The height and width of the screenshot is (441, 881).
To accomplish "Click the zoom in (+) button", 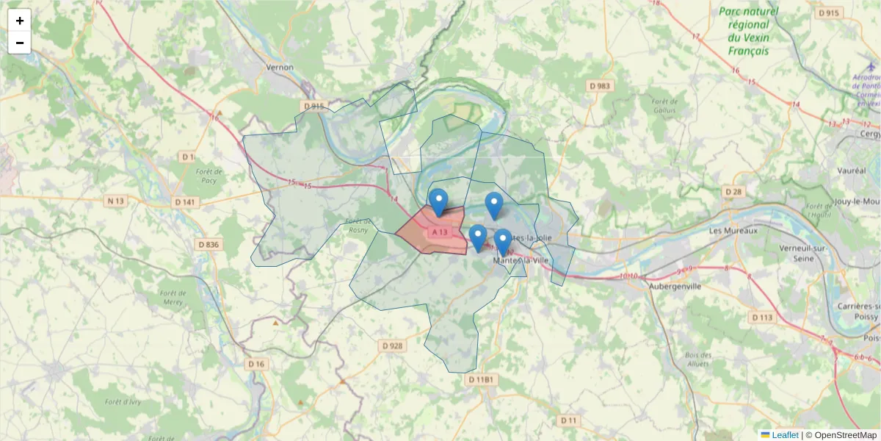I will [20, 21].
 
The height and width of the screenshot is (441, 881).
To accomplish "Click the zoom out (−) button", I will [20, 43].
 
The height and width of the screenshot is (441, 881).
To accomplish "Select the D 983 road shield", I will [600, 86].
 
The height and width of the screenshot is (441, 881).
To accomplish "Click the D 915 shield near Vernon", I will [313, 107].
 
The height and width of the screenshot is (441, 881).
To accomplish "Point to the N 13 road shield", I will [116, 201].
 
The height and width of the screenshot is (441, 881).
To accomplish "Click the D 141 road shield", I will [186, 202].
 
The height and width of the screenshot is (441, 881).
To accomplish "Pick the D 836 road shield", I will [209, 245].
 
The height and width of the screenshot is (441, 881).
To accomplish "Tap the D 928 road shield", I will [393, 345].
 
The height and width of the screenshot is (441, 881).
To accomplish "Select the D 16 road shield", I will [255, 364].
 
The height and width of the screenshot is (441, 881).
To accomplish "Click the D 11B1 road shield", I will [482, 379].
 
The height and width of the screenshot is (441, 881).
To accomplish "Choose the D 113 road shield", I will [763, 318].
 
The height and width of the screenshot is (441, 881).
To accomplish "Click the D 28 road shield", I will [733, 192].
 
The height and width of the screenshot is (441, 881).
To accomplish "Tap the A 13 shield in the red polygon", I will [440, 232].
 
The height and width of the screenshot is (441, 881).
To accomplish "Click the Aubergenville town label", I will [675, 287].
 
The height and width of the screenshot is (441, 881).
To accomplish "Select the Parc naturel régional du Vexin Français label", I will [749, 31].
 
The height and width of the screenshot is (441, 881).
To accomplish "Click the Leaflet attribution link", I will [785, 435].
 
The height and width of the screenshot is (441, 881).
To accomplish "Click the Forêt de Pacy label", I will [209, 176].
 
